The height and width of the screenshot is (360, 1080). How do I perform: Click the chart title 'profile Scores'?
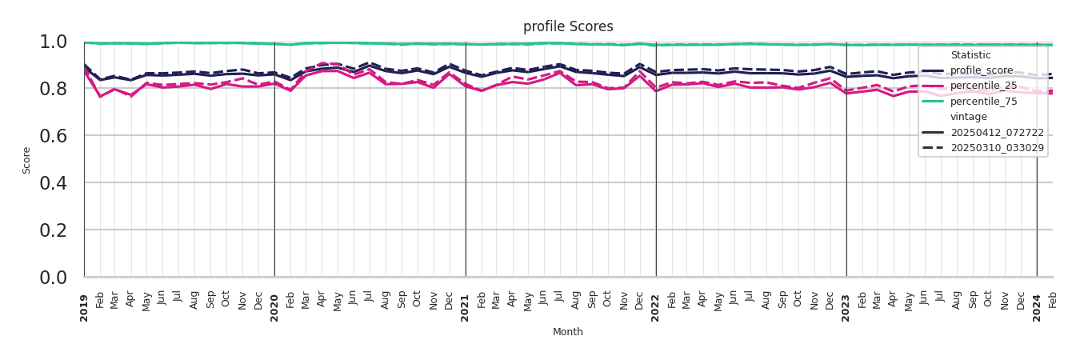[568, 26]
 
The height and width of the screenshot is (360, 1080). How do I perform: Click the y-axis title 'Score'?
[26, 160]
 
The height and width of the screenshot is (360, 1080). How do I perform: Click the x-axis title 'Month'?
[568, 332]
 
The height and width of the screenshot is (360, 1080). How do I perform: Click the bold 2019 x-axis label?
[84, 308]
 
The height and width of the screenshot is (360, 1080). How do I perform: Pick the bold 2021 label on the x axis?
[465, 308]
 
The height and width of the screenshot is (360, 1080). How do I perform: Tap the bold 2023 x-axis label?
[846, 308]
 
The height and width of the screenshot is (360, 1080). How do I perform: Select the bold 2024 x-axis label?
[1037, 308]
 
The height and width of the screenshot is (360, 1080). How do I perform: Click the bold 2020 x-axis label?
[274, 308]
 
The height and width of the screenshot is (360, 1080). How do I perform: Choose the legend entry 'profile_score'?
[981, 70]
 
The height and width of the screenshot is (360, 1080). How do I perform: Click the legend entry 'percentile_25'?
[982, 86]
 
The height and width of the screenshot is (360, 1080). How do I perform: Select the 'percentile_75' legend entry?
[982, 101]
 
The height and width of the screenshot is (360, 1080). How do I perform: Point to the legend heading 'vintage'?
[968, 117]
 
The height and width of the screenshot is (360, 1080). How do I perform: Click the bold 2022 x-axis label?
[655, 308]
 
